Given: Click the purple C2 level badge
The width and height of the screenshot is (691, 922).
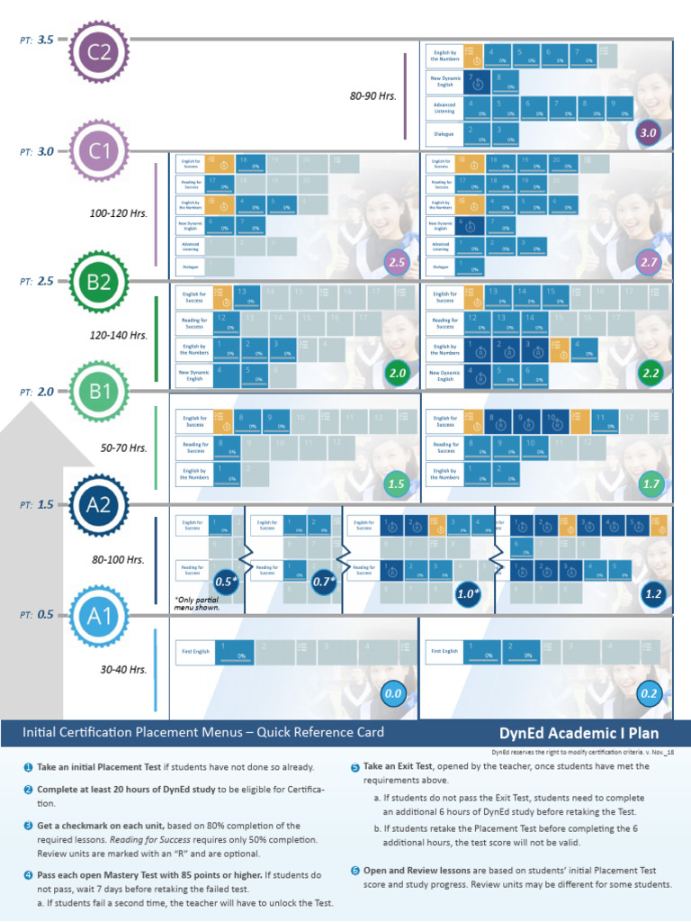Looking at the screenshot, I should pyautogui.click(x=99, y=52).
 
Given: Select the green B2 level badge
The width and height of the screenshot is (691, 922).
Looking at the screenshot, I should pyautogui.click(x=99, y=282).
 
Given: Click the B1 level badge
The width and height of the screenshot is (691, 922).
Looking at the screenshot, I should pyautogui.click(x=99, y=393).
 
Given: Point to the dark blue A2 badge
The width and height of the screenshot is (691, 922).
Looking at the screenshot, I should pyautogui.click(x=99, y=505).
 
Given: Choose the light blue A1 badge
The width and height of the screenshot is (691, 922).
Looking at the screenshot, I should pyautogui.click(x=99, y=616).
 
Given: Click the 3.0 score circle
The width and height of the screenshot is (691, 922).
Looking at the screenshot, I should pyautogui.click(x=648, y=133).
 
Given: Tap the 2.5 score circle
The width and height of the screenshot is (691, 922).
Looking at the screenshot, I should pyautogui.click(x=397, y=263).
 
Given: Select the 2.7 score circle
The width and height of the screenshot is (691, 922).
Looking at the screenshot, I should pyautogui.click(x=649, y=263).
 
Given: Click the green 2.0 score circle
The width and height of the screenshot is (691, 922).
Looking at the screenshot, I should pyautogui.click(x=397, y=373).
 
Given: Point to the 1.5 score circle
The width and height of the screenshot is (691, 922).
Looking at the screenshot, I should pyautogui.click(x=397, y=484).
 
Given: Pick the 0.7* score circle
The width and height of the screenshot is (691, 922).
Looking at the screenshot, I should pyautogui.click(x=325, y=582).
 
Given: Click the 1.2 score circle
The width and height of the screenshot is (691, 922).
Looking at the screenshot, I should pyautogui.click(x=653, y=594).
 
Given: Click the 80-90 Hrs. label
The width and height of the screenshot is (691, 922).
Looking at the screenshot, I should pyautogui.click(x=373, y=95).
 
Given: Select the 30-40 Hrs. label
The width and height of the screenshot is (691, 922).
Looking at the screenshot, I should pyautogui.click(x=124, y=669).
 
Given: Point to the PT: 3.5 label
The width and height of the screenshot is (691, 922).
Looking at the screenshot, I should pyautogui.click(x=38, y=40).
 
